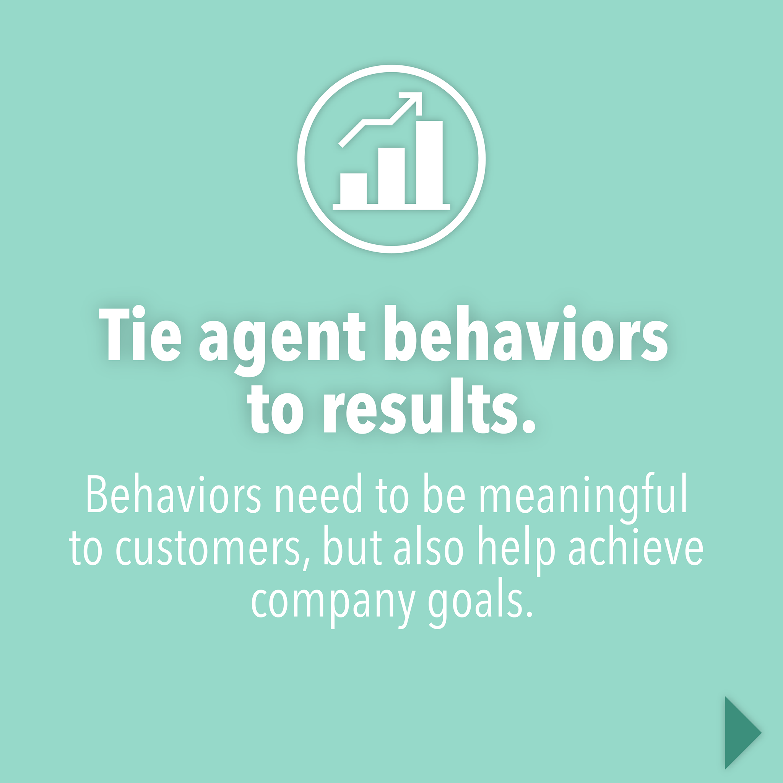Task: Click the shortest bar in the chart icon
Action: click(x=353, y=188)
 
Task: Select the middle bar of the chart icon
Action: click(x=391, y=175)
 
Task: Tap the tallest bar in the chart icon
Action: click(x=429, y=162)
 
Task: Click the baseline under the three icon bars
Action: click(x=391, y=207)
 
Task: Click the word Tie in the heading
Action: click(x=140, y=333)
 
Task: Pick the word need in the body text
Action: click(x=318, y=493)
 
